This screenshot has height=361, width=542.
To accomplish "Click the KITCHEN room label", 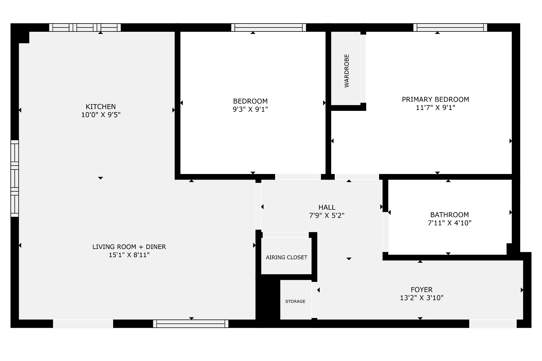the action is (101, 107).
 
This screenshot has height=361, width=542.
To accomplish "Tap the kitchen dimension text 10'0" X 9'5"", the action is (101, 115).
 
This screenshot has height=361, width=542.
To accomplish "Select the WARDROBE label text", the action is (347, 71).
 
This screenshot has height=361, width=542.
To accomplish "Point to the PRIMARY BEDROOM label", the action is (435, 99).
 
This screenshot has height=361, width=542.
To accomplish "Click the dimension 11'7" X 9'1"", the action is (436, 108).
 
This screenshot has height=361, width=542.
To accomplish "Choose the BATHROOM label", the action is (449, 215).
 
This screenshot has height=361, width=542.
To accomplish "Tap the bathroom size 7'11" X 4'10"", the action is (449, 223).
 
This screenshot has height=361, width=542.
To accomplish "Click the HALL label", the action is (327, 207).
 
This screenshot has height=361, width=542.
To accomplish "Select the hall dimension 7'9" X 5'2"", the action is (327, 216).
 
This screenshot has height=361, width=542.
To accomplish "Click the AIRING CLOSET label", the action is (286, 257).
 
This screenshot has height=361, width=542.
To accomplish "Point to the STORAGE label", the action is (295, 301).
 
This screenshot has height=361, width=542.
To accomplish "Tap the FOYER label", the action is (422, 290).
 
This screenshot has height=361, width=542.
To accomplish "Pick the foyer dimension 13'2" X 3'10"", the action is (422, 298).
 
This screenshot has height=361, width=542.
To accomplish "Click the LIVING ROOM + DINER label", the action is (129, 247).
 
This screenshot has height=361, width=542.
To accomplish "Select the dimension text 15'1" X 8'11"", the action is (129, 255).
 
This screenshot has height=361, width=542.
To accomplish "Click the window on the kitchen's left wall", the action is (15, 178).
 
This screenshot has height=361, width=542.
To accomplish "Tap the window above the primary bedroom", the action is (450, 27).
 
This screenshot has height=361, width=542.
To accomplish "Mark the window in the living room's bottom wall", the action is (191, 324).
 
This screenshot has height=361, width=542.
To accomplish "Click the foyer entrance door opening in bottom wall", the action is (493, 324).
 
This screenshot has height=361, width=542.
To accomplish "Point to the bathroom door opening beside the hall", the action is (385, 232).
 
